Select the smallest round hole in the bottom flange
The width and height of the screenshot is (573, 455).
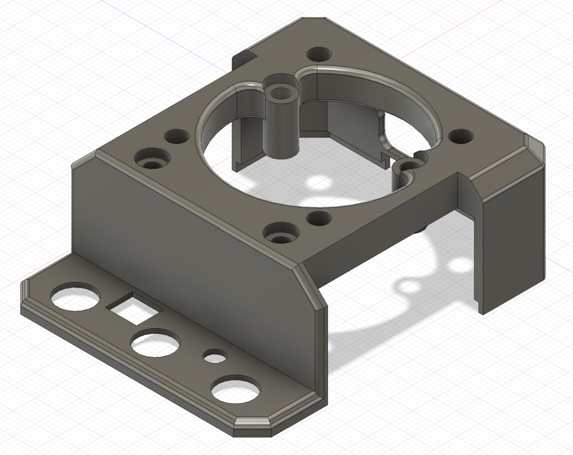coord(214,356)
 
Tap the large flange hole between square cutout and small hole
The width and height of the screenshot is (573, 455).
coord(155,343)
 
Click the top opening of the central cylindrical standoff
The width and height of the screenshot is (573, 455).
coord(283,91)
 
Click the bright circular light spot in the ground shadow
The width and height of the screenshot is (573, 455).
coord(320,183)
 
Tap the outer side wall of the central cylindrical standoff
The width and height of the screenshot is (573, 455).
coord(281,129)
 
